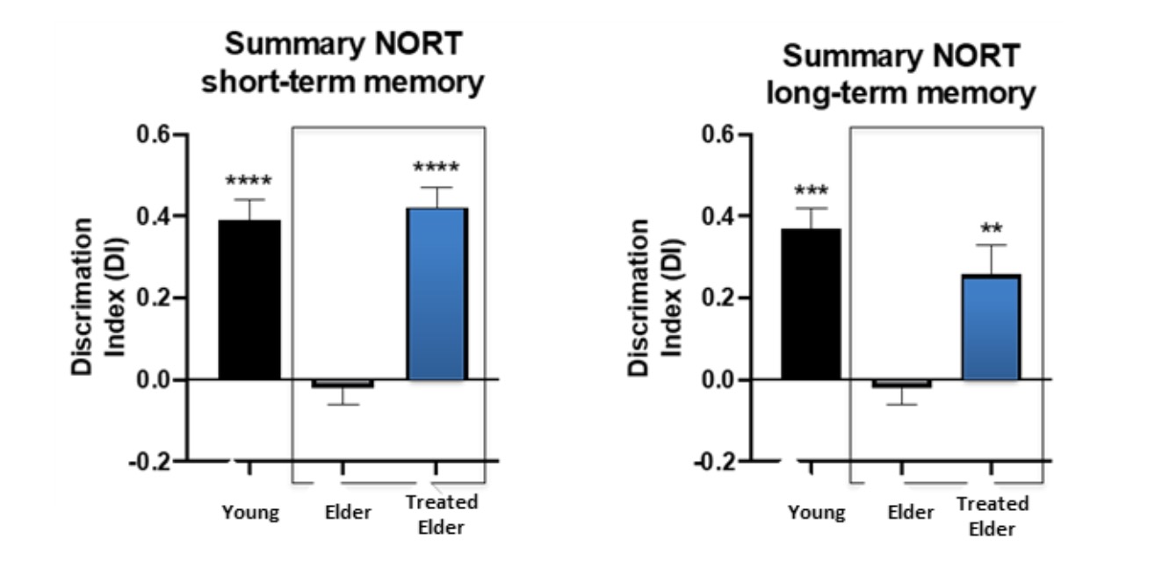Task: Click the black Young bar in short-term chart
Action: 249,299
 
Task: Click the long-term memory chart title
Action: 902,74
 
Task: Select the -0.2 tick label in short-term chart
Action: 155,461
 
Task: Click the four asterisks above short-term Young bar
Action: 249,183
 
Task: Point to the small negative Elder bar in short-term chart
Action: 343,384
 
